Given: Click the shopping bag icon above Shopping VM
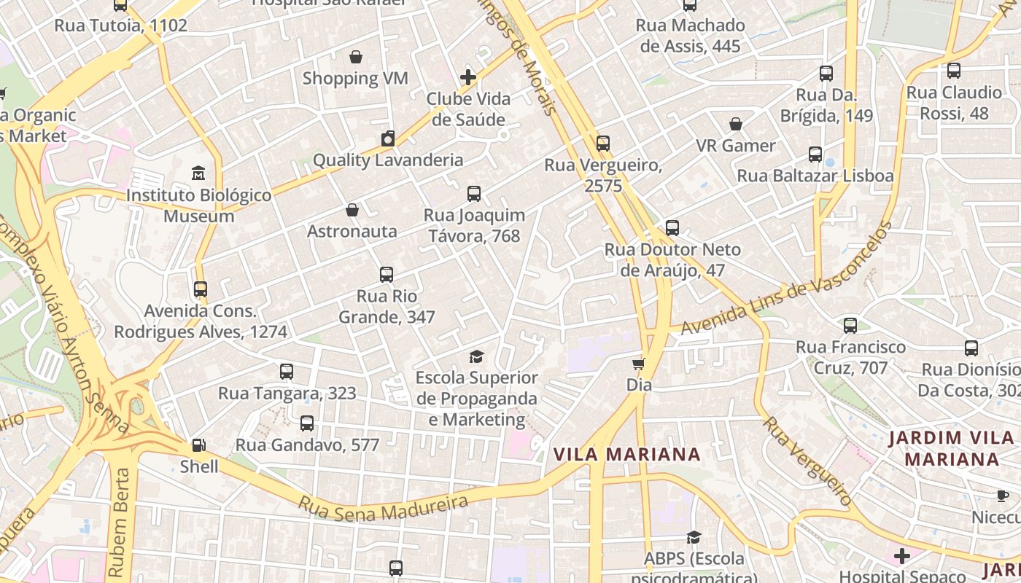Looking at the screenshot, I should click(356, 57).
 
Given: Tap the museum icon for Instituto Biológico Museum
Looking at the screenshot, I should click(198, 173).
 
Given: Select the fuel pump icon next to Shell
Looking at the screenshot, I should click(198, 445).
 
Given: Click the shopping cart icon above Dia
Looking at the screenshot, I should click(639, 364).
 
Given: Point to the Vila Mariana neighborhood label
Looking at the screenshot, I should click(626, 455).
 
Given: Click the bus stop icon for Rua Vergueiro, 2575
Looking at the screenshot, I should click(602, 144).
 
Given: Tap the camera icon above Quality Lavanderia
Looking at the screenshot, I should click(388, 138).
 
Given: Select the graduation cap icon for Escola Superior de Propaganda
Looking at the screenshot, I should click(476, 356).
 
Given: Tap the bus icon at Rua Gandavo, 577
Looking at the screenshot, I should click(307, 423).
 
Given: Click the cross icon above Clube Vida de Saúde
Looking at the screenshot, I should click(468, 77).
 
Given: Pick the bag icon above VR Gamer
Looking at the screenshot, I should click(736, 124).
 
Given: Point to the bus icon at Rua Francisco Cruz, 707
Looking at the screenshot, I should click(850, 326).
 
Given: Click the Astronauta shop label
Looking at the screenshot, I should click(352, 231).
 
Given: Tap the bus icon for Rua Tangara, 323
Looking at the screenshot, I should click(287, 372).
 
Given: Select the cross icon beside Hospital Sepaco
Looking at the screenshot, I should click(902, 556).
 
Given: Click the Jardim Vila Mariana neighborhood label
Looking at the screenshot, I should click(951, 448).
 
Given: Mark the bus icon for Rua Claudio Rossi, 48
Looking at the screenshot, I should click(954, 71).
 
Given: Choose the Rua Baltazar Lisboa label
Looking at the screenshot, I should click(815, 176).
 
